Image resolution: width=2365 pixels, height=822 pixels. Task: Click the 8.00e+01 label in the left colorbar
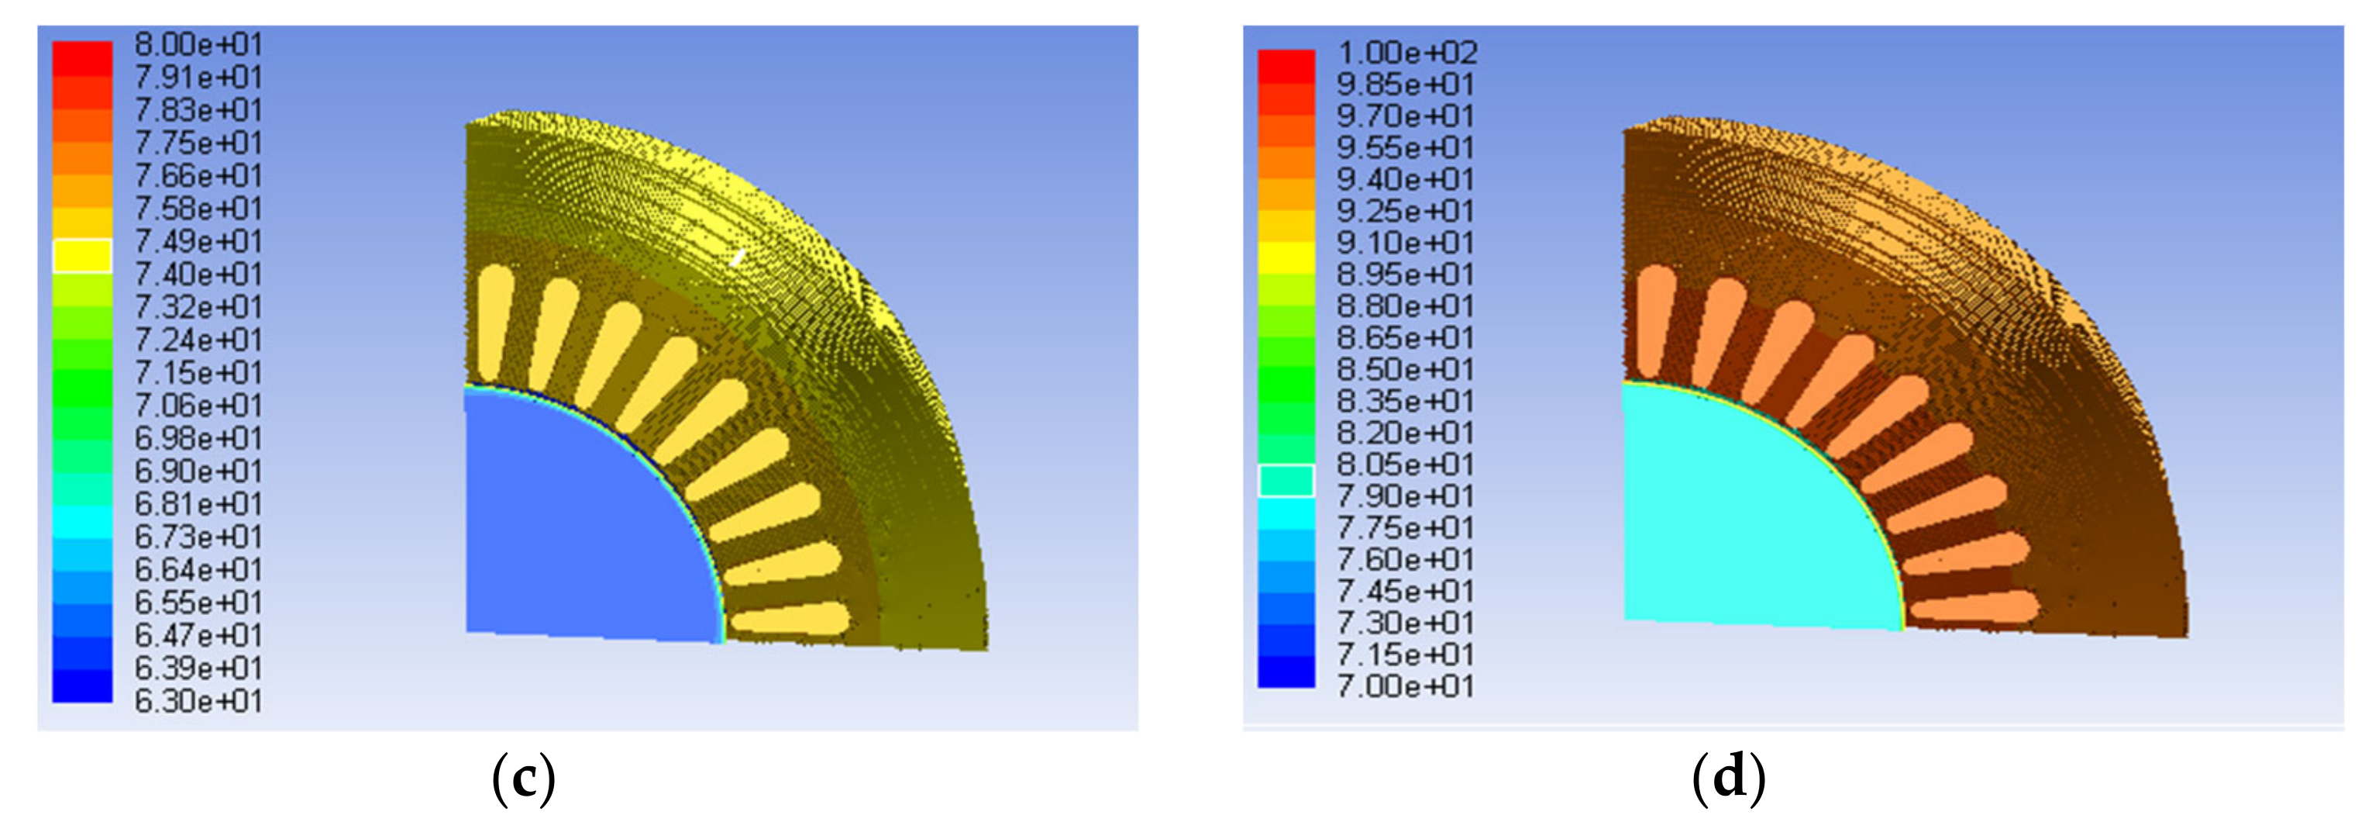(x=198, y=44)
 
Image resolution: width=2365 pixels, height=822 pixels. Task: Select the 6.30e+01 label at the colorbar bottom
(x=198, y=701)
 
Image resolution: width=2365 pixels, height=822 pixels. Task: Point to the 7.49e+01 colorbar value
(x=198, y=241)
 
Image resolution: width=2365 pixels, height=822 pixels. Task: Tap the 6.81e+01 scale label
(x=198, y=504)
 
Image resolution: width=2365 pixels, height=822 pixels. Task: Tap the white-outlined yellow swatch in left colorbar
(x=83, y=256)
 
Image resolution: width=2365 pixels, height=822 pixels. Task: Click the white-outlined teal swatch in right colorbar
(x=1286, y=480)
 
